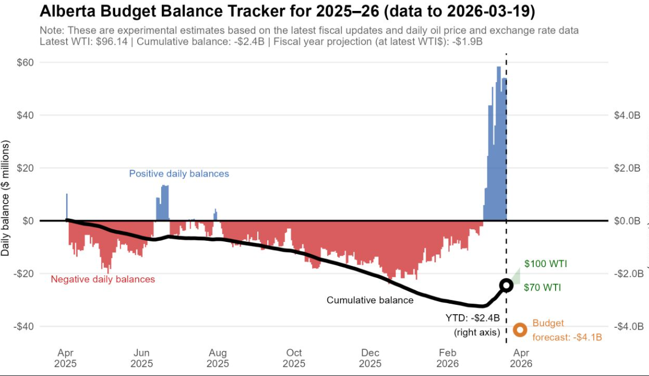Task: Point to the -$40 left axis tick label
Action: [23, 326]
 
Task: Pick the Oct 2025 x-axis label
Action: [294, 358]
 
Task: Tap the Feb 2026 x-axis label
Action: [447, 358]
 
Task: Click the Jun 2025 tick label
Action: [141, 358]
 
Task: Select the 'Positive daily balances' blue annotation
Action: [179, 173]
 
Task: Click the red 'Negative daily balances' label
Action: [103, 279]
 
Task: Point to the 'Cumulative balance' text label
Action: [370, 300]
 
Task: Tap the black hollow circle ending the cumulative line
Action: [506, 285]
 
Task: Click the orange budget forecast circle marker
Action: [520, 329]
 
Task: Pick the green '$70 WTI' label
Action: [542, 287]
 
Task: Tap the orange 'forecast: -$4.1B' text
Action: [567, 337]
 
